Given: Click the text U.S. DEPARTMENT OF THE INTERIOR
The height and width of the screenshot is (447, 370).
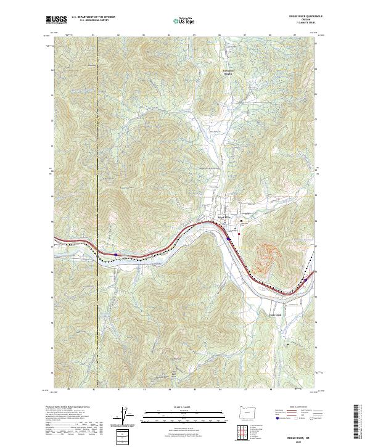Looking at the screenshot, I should (x=93, y=17).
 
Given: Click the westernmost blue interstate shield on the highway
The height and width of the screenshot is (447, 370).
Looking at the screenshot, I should (x=115, y=253).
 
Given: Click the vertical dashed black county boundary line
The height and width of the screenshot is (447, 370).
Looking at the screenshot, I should (x=97, y=185).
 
